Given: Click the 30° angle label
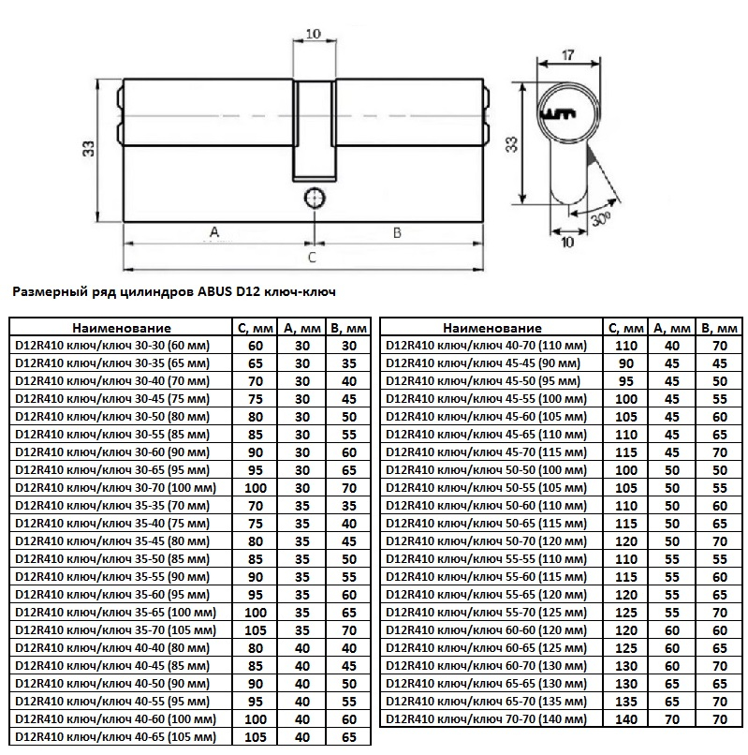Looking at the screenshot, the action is click(600, 219).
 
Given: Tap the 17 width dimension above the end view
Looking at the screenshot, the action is click(568, 55).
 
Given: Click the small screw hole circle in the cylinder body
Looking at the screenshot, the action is click(315, 199).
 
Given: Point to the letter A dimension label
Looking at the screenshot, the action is click(214, 232).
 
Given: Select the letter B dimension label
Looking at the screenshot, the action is click(397, 233).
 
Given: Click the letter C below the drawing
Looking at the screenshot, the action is click(312, 257).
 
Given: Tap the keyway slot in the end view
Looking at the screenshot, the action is click(559, 114).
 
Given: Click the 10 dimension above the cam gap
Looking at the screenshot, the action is click(314, 34).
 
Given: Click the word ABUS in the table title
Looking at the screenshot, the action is click(214, 292).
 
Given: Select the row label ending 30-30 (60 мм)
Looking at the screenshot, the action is click(112, 346).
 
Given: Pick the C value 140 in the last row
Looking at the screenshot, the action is click(626, 719).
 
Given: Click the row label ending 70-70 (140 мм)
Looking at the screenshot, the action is click(487, 719).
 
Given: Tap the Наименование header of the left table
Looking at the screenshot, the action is click(122, 329).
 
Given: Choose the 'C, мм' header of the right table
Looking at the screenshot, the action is click(625, 329).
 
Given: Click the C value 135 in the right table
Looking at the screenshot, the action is click(626, 702).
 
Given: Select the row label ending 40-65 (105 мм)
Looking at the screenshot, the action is click(116, 737).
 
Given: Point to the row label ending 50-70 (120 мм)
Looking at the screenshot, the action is click(487, 541).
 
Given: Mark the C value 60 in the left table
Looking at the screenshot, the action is click(256, 346).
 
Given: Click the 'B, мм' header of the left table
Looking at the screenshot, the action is click(349, 329).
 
